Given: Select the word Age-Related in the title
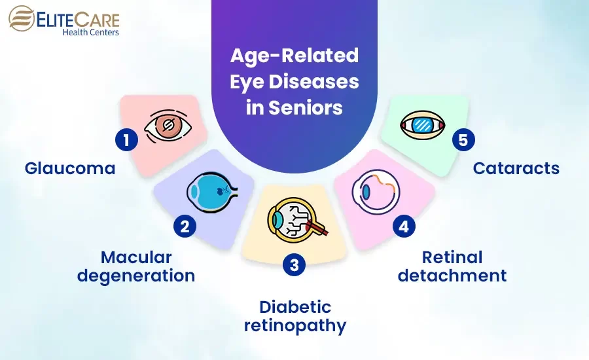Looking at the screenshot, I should point(294,56).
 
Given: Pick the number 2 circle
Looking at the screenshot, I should point(185,226).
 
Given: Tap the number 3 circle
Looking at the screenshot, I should point(294,265).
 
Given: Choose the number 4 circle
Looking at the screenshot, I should point(404,226).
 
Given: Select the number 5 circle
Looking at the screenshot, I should point(464,139).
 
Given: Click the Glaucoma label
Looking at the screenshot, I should point(70,168).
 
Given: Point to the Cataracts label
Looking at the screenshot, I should point(516,168).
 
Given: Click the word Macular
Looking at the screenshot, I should point(136,257).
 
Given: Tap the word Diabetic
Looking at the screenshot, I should point(295,306).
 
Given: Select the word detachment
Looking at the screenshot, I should point(452,275).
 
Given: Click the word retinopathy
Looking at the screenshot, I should point(295,325).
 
